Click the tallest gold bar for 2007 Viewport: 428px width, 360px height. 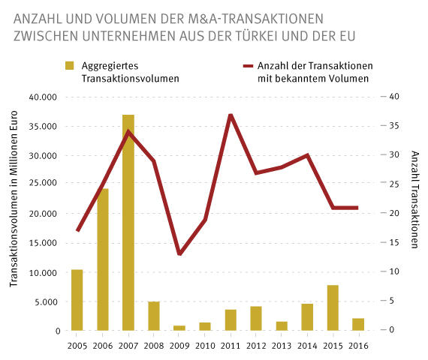[128, 223]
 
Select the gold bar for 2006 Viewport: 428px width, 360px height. [102, 259]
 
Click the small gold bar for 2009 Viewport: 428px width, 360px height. [179, 328]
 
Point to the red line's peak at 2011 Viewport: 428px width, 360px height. [231, 115]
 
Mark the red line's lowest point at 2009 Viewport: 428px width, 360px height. [179, 254]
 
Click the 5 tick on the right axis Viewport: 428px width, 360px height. [392, 301]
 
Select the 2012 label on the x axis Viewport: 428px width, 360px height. [256, 346]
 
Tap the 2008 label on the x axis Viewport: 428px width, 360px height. [154, 346]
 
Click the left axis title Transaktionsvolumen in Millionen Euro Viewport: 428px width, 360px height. [15, 213]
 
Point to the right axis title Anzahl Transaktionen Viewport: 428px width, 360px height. [414, 199]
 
